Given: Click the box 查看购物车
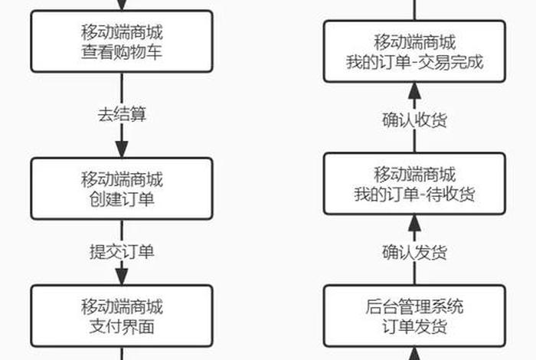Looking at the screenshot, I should [x=122, y=42].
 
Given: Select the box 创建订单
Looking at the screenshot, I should [x=122, y=189].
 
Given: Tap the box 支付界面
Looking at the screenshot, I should [x=122, y=316].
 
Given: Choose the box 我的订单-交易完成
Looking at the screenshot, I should [x=414, y=51].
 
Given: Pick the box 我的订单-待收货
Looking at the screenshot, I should [x=414, y=183].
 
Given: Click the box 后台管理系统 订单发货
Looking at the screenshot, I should [x=414, y=316].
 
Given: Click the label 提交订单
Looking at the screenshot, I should [x=122, y=250].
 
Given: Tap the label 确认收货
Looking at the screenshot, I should [x=414, y=119].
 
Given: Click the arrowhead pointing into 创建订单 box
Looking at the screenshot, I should [x=122, y=149].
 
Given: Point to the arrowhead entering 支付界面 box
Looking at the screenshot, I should [x=122, y=277].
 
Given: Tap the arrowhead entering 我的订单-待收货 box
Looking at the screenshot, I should [x=414, y=223].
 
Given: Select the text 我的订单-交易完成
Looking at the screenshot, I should [x=414, y=61].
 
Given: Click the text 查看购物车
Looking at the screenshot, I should [x=122, y=52].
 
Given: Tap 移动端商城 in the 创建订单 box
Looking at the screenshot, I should [x=122, y=180].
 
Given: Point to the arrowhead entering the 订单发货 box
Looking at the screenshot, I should [x=414, y=354].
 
